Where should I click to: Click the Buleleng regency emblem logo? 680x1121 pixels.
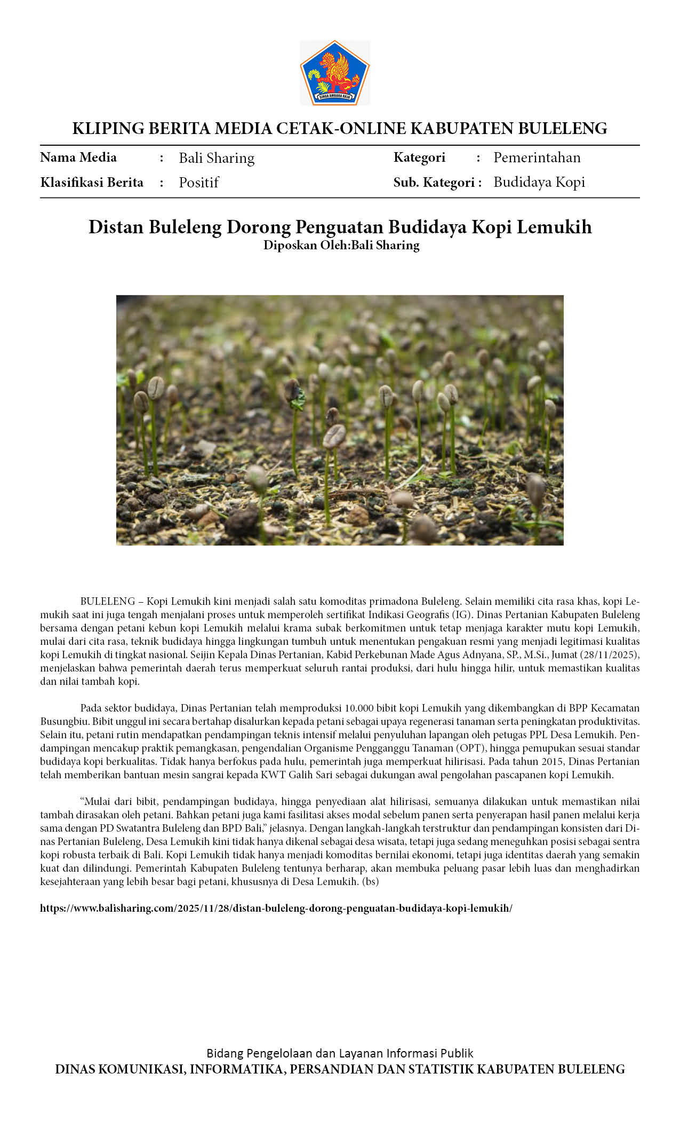pos(334,73)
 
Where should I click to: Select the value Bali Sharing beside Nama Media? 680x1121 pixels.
pos(217,158)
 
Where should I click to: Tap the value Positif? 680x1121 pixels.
pos(198,183)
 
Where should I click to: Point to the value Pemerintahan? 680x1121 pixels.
pos(537,157)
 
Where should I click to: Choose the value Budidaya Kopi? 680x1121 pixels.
pos(539,182)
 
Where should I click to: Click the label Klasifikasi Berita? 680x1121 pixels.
pos(92,183)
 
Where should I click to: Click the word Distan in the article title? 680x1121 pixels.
pos(116,227)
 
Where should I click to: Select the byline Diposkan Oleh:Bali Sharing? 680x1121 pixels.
pos(341,245)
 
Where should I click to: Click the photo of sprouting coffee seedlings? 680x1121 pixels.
pos(340,420)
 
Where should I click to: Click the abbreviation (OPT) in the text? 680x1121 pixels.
pos(470,748)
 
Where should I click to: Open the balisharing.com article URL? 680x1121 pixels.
pos(276,909)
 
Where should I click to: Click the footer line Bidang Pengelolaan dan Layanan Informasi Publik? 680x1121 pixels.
pos(340,1053)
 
